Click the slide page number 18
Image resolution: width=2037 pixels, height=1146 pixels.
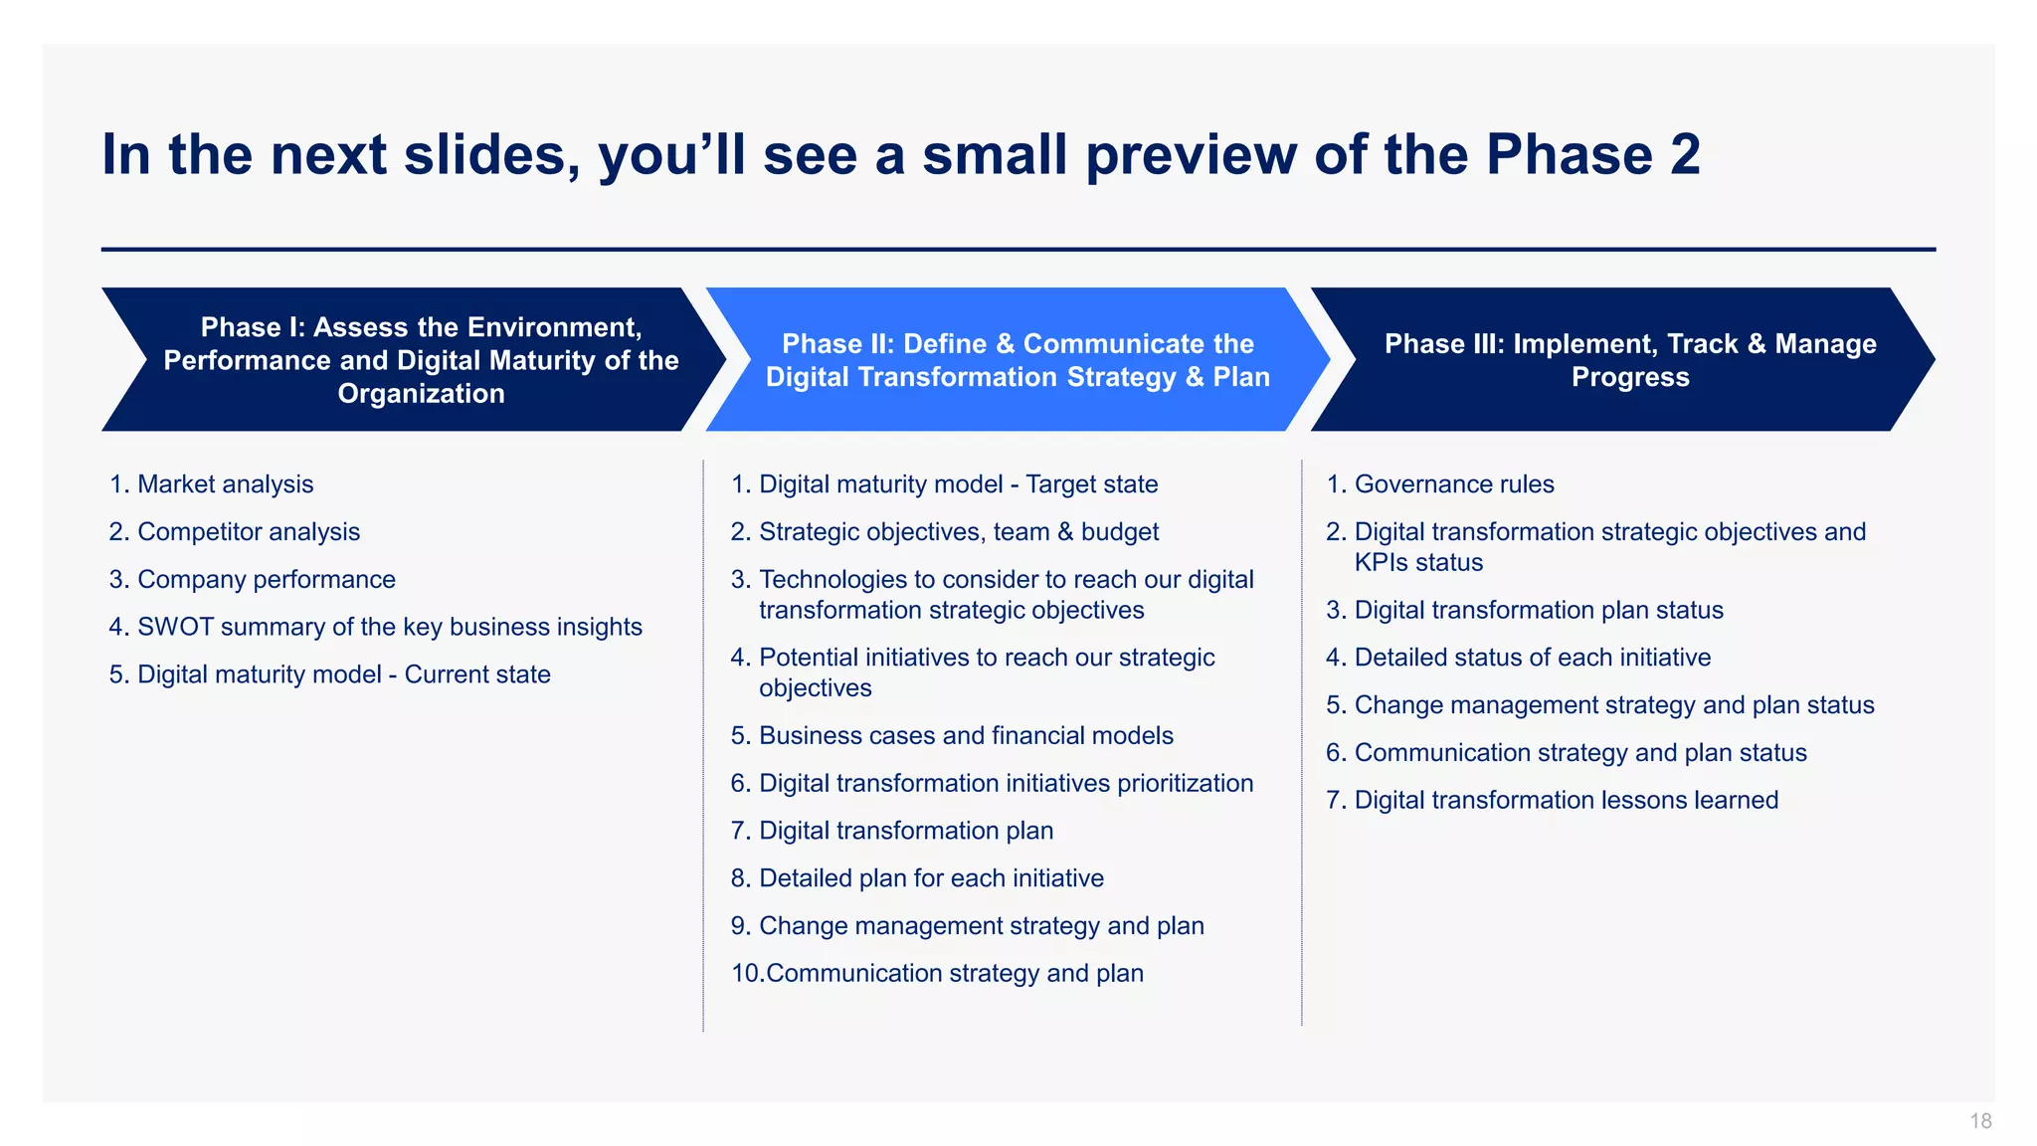1979,1121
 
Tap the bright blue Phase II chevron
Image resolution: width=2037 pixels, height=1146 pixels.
1017,360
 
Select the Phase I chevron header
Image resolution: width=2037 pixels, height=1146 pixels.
420,360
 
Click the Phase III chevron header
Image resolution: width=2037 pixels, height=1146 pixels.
1629,360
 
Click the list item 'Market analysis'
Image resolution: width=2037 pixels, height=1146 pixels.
225,484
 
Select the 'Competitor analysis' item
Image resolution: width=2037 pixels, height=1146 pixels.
248,532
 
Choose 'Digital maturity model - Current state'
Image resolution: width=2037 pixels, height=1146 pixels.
343,674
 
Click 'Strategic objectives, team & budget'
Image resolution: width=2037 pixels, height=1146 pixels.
958,532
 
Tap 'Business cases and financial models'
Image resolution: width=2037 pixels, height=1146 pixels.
965,736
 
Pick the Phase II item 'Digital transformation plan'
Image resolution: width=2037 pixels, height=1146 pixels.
905,831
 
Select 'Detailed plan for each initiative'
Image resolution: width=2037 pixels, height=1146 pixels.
930,878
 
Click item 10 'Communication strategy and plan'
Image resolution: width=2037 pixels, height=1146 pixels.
954,973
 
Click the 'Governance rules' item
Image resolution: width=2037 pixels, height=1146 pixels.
1453,484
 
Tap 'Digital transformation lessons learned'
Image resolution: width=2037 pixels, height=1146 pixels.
1566,800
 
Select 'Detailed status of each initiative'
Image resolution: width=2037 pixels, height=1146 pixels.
1532,658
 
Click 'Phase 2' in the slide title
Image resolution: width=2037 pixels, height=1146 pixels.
1592,155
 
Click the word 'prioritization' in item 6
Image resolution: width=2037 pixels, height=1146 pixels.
1185,784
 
